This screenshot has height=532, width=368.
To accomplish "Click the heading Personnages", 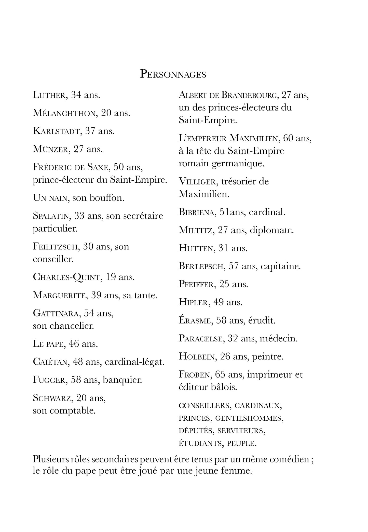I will [173, 74].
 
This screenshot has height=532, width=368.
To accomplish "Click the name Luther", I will [50, 95].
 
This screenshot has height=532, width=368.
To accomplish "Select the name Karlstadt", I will [56, 131].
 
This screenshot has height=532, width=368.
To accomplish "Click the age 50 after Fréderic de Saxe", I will [120, 167].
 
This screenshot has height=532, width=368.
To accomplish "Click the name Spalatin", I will [51, 216].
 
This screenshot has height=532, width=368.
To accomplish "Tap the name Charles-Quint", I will [66, 277].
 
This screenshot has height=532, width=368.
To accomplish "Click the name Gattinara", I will [56, 313].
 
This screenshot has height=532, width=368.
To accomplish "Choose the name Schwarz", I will [52, 398].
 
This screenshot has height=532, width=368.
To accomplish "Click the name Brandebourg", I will [249, 95].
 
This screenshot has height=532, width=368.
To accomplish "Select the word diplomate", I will [272, 230].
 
